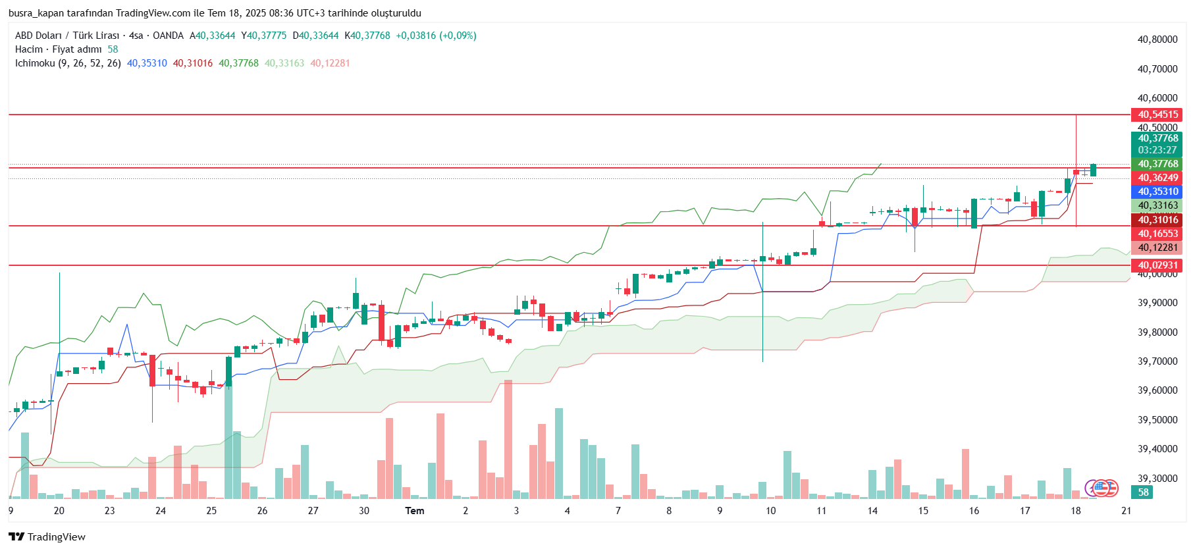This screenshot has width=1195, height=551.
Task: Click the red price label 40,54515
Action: point(1157,115)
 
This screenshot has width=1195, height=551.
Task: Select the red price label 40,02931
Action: point(1157,265)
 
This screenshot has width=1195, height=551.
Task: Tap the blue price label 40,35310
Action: point(1157,192)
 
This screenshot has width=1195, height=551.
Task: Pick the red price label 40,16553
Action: point(1157,234)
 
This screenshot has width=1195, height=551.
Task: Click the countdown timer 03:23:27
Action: point(1157,150)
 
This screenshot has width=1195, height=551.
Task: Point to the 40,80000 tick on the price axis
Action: point(1157,39)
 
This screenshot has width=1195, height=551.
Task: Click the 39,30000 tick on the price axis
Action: point(1157,479)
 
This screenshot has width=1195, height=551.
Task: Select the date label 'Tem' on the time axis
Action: point(415,511)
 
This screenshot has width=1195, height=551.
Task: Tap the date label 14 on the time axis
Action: point(872,511)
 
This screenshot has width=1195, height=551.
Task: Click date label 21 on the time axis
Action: point(1127,511)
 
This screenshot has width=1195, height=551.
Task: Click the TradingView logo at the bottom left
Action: point(47,537)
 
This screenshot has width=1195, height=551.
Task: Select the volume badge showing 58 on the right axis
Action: point(1143,492)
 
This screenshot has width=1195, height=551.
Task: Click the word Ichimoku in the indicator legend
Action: point(35,63)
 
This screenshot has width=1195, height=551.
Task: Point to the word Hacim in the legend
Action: point(29,49)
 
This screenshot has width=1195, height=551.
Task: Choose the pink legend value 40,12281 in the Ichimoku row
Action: point(330,63)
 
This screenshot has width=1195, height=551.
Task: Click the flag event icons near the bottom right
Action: point(1102,488)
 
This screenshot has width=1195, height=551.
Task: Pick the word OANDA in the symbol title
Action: point(168,36)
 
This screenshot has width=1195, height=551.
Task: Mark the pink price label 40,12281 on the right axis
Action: point(1157,248)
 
